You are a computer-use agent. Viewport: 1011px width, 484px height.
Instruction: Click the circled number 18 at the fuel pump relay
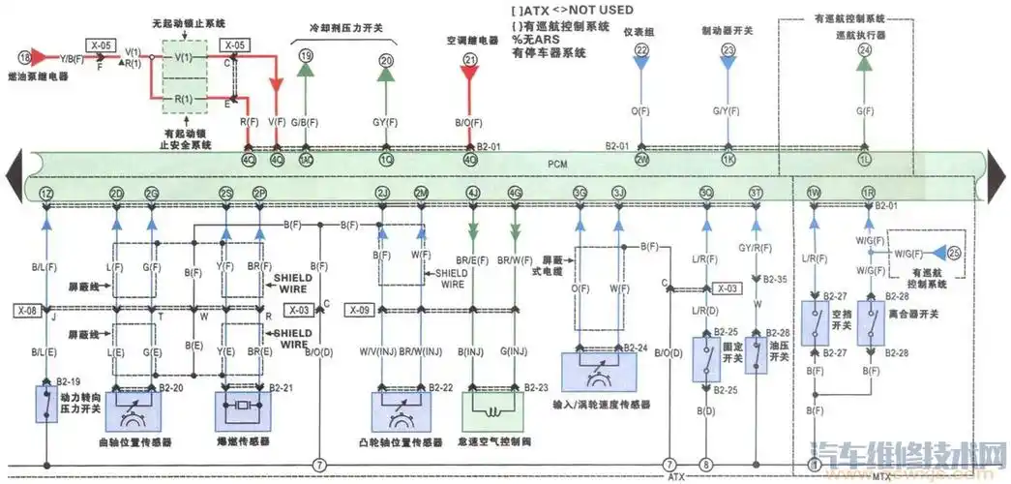point(22,59)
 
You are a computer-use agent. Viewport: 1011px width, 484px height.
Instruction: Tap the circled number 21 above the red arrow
point(470,59)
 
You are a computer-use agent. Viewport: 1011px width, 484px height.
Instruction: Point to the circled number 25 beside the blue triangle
point(956,255)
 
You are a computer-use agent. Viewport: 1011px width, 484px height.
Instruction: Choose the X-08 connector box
point(26,311)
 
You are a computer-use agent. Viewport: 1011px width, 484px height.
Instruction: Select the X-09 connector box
point(358,311)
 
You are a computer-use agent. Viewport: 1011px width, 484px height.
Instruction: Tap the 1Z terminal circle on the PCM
point(45,194)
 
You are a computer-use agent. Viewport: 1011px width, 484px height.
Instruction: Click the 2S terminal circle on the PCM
point(225,194)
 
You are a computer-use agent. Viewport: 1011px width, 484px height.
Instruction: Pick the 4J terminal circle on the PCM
point(473,194)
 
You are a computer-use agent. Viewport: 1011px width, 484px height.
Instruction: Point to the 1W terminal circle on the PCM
point(814,194)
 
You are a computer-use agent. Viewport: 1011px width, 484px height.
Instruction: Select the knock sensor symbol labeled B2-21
point(241,408)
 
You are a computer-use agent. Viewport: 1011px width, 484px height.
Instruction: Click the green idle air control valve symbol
point(494,409)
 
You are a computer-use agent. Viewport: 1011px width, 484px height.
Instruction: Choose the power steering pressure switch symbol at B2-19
point(45,404)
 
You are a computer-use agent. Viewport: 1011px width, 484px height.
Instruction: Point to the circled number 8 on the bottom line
point(706,466)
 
